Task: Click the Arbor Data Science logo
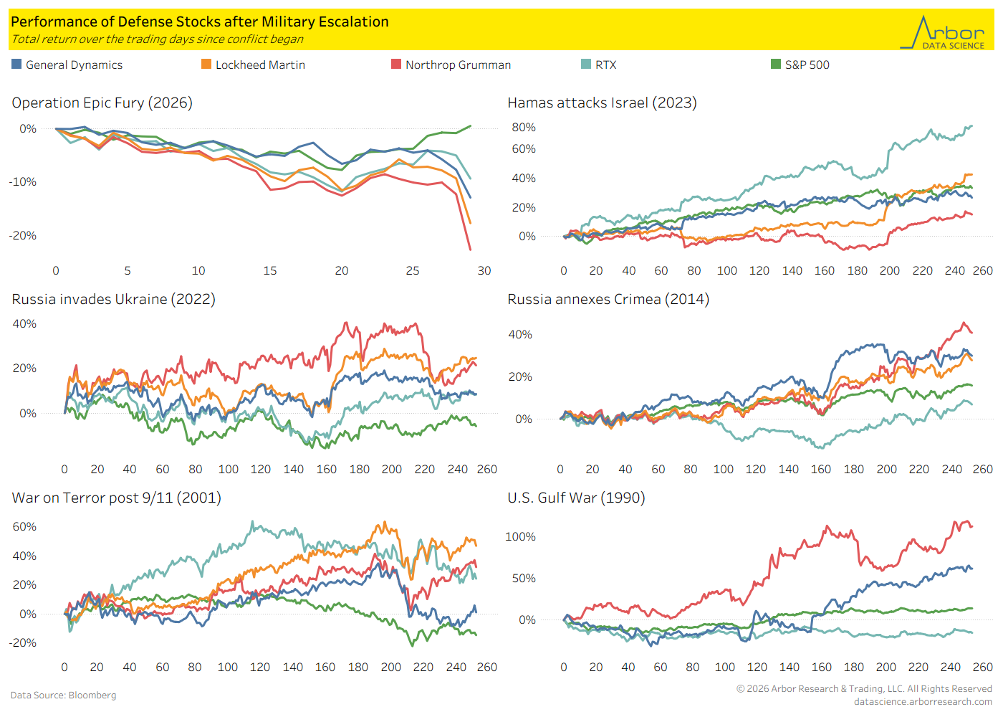(942, 32)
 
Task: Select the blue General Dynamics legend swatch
(16, 64)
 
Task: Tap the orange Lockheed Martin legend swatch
(206, 64)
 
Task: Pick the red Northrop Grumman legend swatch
(396, 64)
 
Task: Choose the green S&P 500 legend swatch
(776, 64)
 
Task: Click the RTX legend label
(606, 65)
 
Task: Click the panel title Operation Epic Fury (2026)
(102, 103)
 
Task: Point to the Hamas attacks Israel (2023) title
(603, 103)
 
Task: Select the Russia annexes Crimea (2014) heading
(608, 300)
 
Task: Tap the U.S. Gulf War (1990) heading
(576, 498)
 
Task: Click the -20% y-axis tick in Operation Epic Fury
(23, 236)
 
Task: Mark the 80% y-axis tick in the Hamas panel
(524, 128)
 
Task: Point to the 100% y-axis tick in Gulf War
(520, 537)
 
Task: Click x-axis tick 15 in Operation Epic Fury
(270, 271)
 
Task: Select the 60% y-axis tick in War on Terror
(24, 526)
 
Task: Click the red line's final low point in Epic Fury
(470, 250)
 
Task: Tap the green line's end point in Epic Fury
(471, 126)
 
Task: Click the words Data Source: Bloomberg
(64, 695)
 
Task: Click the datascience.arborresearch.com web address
(923, 702)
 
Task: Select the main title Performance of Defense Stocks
(200, 22)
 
